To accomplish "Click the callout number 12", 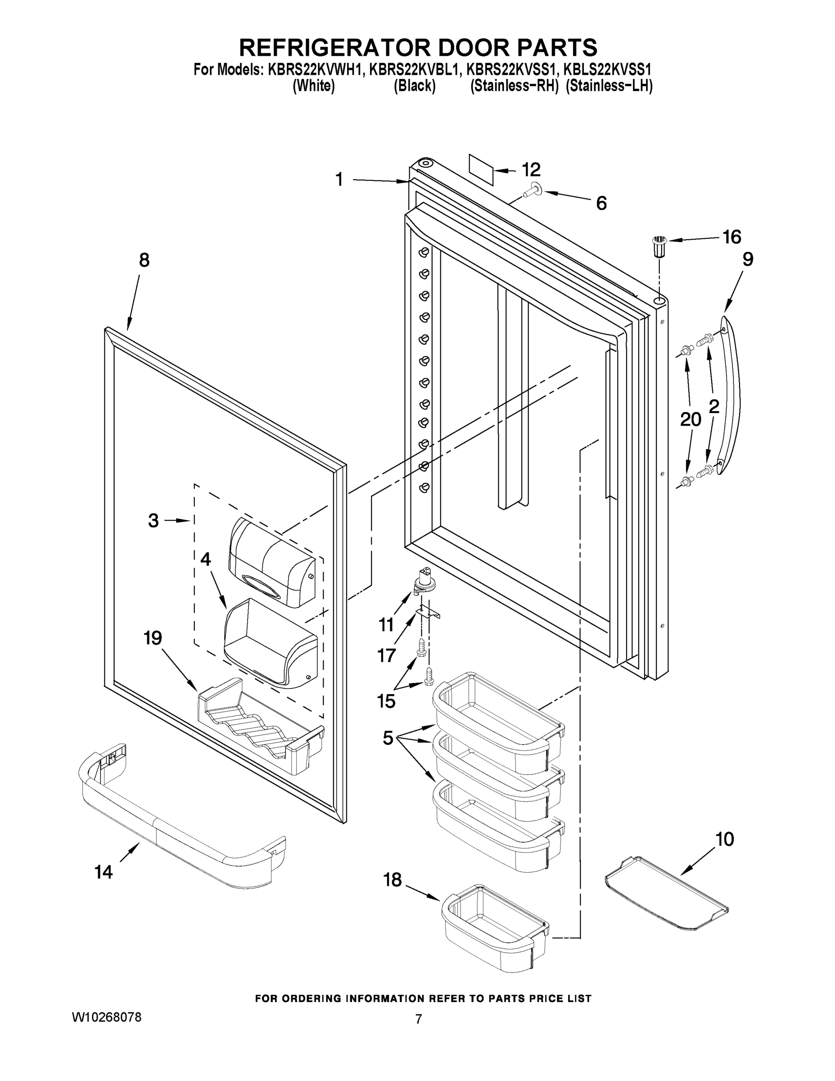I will (x=531, y=170).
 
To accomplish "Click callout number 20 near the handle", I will (x=691, y=420).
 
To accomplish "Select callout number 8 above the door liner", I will (x=144, y=260).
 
